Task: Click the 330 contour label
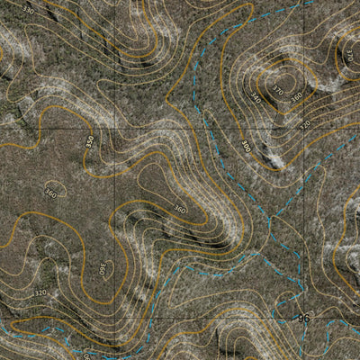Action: tap(28, 10)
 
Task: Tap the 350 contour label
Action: tap(89, 141)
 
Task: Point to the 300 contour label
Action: tap(247, 144)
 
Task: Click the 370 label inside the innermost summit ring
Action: tap(278, 91)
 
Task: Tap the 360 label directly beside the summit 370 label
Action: tap(296, 96)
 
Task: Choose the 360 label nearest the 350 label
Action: tap(50, 193)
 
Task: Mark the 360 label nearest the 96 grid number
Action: tap(179, 209)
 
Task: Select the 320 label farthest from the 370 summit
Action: tap(40, 292)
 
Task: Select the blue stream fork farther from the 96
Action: tap(270, 221)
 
